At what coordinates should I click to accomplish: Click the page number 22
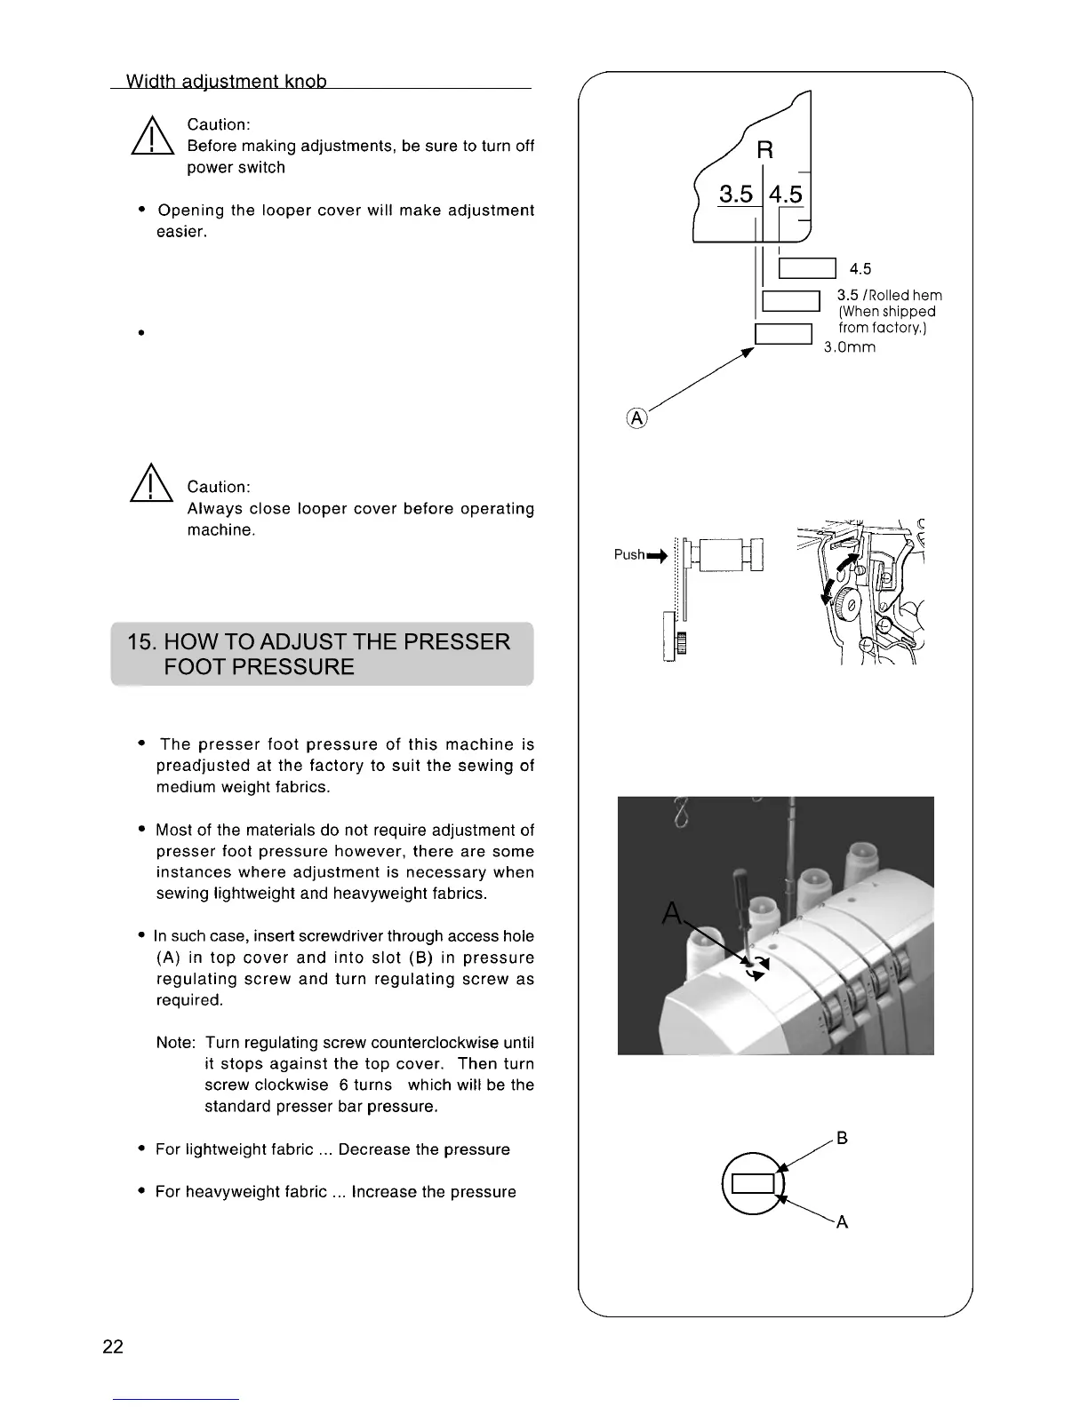[113, 1347]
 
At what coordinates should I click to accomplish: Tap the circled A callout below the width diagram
[638, 417]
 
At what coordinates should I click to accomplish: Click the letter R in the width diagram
[764, 150]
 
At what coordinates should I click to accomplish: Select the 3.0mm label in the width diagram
[849, 347]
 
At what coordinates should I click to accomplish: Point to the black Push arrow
[657, 557]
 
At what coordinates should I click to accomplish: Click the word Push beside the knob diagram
[629, 555]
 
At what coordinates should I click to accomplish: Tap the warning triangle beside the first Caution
[151, 139]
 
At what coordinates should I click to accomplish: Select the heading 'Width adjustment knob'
[227, 82]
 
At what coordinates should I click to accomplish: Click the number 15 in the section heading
[140, 642]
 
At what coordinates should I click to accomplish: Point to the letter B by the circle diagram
[843, 1139]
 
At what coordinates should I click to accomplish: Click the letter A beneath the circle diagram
[843, 1222]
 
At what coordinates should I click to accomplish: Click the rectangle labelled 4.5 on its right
[807, 268]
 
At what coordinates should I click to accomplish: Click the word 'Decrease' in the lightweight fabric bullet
[372, 1149]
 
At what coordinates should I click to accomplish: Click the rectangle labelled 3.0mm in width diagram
[783, 335]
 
